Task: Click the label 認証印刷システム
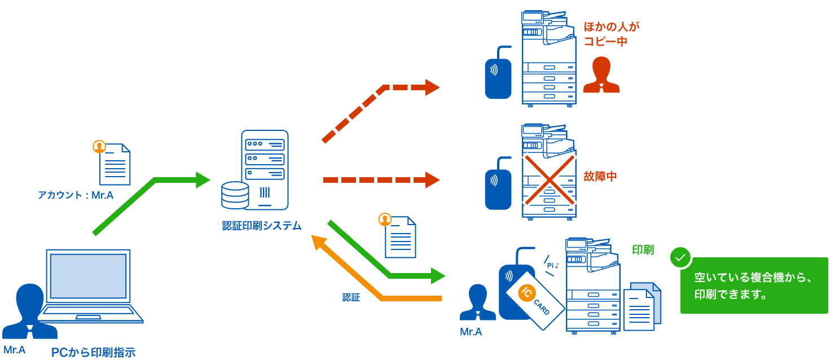[x=262, y=226]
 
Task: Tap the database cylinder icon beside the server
[x=235, y=195]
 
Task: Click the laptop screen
[x=89, y=276]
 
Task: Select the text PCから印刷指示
[x=93, y=353]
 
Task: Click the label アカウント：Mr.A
[x=76, y=196]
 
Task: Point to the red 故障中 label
[x=600, y=177]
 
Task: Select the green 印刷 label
[x=643, y=249]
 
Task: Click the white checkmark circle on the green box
[x=680, y=257]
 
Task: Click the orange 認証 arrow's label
[x=351, y=297]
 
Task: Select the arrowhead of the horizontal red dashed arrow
[x=432, y=180]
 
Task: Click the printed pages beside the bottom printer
[x=642, y=306]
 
